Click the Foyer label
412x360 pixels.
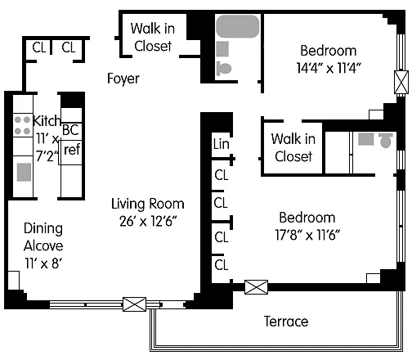point(123,79)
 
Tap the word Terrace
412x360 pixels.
point(286,322)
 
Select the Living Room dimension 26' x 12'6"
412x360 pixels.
point(148,221)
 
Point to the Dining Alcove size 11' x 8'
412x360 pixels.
point(43,263)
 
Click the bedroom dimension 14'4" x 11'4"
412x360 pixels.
point(329,68)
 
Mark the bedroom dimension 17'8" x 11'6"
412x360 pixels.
point(307,235)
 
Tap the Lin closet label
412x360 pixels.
point(221,144)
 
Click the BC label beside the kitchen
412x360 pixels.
point(70,130)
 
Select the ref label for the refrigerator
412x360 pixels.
point(72,150)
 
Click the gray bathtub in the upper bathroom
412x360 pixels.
point(238,26)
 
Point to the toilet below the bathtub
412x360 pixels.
point(224,68)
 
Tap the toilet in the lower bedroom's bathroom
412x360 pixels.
point(386,141)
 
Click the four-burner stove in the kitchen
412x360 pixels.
point(22,125)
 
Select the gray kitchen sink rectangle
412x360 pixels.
point(24,172)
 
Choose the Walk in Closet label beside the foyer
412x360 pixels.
point(153,37)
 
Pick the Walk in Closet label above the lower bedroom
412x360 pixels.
point(293,147)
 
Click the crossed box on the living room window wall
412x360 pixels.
point(134,304)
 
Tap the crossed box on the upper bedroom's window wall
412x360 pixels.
point(401,82)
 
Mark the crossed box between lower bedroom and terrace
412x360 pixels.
point(256,287)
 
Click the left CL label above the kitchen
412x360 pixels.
point(39,47)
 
